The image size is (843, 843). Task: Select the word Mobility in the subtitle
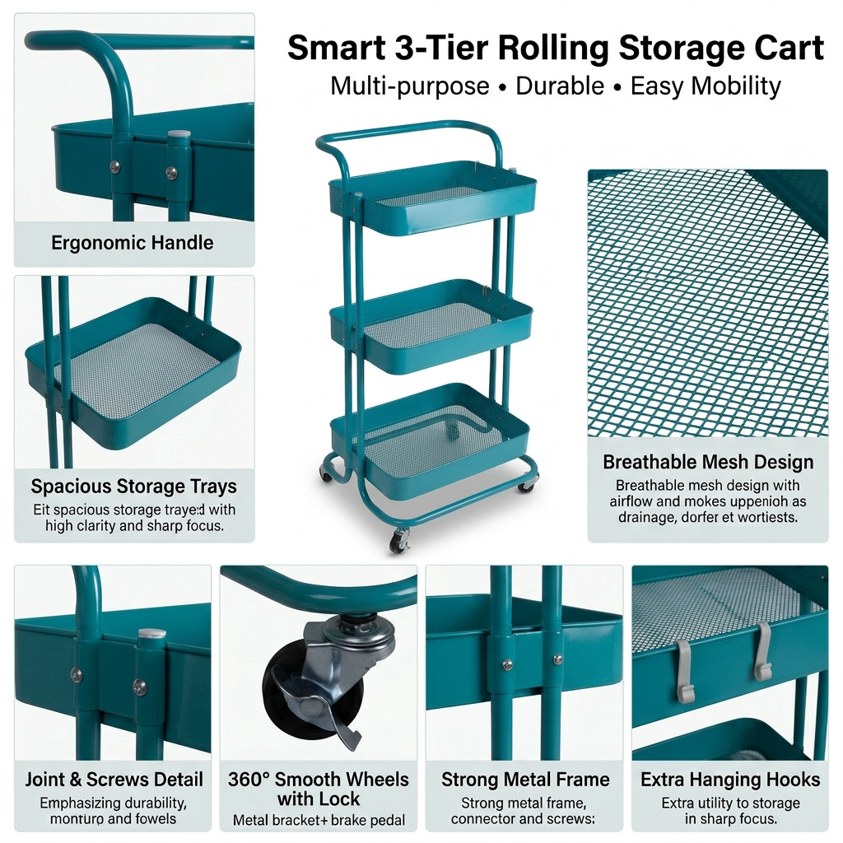(736, 86)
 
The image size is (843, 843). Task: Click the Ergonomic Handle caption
(133, 243)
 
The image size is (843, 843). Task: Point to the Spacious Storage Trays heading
(133, 487)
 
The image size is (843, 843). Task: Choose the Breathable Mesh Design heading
(708, 462)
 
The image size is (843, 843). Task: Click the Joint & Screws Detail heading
(114, 780)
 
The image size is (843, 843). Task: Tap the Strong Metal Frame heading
(525, 780)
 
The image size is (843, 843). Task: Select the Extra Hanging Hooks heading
(730, 780)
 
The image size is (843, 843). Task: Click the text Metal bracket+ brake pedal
(319, 820)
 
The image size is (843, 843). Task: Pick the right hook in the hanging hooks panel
(763, 650)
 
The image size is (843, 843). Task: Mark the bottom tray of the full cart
(431, 445)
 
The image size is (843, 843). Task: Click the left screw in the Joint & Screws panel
(77, 674)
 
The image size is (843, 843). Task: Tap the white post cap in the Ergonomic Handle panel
(179, 133)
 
